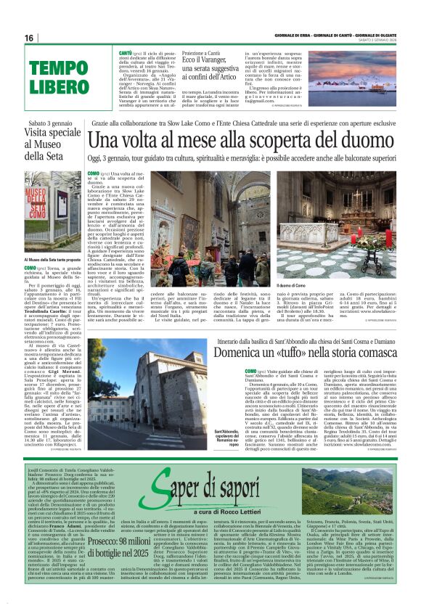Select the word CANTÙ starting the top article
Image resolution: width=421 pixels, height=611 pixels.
pos(125,54)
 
